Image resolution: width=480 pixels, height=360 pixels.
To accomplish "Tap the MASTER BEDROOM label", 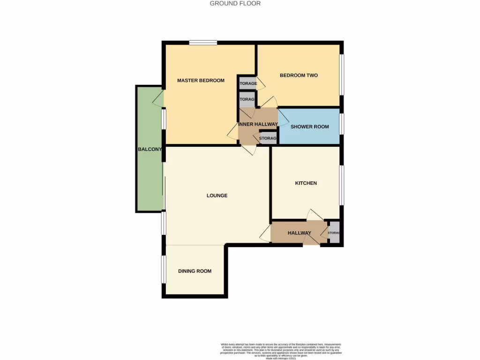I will point(201,80).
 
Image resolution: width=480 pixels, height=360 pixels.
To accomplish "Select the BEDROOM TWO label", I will point(299,75).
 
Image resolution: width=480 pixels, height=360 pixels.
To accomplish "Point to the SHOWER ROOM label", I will point(309,127).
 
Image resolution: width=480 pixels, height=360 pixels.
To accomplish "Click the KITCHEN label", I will point(306,183).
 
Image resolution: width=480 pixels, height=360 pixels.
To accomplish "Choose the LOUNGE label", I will point(217,195).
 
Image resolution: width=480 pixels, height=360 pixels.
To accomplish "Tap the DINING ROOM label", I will point(195,271).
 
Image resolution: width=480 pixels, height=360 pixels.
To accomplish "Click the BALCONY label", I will point(150,150).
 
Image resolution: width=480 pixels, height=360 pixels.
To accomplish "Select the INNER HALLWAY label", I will point(258,124).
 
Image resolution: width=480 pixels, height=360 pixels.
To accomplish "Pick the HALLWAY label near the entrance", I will point(300,233).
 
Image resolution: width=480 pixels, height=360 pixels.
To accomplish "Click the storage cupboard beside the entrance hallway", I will point(334,232).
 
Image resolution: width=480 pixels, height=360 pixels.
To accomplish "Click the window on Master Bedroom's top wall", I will point(203,43).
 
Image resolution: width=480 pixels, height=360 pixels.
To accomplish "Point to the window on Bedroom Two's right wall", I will point(342,75).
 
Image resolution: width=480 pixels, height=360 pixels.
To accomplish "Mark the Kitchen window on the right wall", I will point(342,185).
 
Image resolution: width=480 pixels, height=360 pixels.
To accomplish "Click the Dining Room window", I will point(164,269).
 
